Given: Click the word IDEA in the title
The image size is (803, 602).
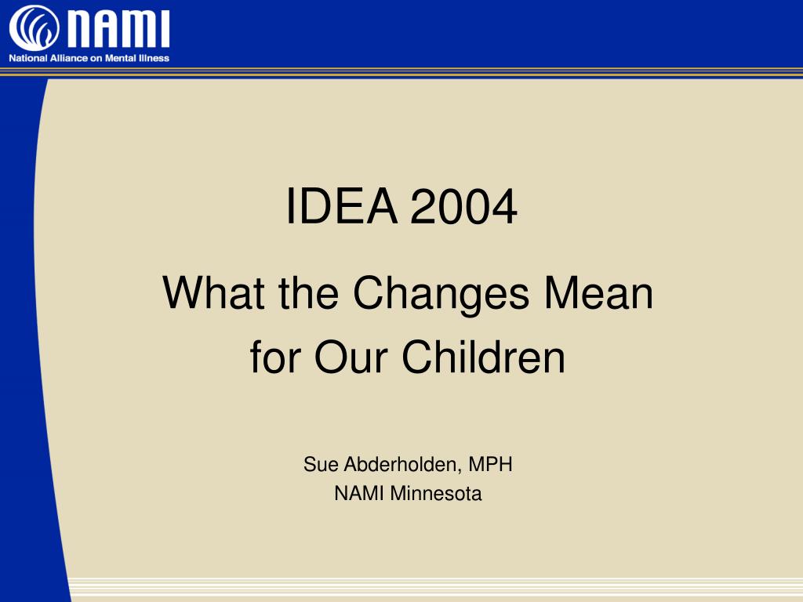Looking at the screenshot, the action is coord(342,206).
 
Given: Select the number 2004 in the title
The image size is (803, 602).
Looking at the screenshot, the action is coord(463,206).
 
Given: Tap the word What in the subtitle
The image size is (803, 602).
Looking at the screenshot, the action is coord(214,293).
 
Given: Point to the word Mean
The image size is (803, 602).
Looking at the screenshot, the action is coord(598,293).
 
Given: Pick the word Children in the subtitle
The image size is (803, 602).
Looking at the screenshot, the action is coord(483,357).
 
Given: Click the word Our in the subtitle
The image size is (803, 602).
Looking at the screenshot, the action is coord(351,357).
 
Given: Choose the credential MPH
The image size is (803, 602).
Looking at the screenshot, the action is coord(490,464).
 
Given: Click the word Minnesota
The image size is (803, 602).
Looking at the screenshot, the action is coord(436,494).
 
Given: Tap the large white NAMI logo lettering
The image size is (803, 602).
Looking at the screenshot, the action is coord(119,29).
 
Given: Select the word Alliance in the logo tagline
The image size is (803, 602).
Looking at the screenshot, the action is coord(69,58).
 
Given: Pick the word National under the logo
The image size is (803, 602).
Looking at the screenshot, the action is coord(28,58).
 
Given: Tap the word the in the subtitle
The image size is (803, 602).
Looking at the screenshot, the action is coord(308,293).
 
